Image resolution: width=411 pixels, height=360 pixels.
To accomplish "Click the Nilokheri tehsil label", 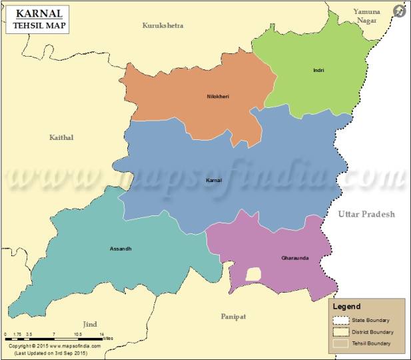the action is tap(218, 97).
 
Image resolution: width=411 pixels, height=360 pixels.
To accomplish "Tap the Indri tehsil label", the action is tap(318, 70).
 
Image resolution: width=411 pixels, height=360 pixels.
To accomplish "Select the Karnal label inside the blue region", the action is tap(214, 181).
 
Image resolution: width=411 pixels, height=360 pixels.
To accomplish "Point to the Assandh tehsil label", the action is tap(121, 249).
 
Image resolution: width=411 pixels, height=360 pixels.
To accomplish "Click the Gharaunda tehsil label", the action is tap(295, 257).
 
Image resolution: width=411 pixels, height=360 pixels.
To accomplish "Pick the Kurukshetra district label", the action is tap(163, 25).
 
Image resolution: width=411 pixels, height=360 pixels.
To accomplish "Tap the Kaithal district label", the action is tap(61, 137).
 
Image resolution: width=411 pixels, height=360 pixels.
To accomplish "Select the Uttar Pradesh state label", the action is tap(366, 214).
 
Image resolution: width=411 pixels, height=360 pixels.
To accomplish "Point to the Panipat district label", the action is tap(233, 317).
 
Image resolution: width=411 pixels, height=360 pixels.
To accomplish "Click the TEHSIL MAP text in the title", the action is tap(41, 27).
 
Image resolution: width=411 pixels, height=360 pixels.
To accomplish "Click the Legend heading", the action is tap(346, 306).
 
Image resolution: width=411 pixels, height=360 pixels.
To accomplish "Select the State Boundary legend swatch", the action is tap(341, 320).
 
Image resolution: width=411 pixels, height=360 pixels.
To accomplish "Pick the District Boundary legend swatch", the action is tap(341, 331).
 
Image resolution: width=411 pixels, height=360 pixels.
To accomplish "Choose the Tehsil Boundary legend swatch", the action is tap(341, 343).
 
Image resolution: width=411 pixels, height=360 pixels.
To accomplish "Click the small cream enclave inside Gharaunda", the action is tap(253, 274).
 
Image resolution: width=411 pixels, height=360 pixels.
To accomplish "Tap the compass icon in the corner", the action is tap(400, 11).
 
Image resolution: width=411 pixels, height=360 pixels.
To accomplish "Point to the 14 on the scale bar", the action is tap(102, 333).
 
